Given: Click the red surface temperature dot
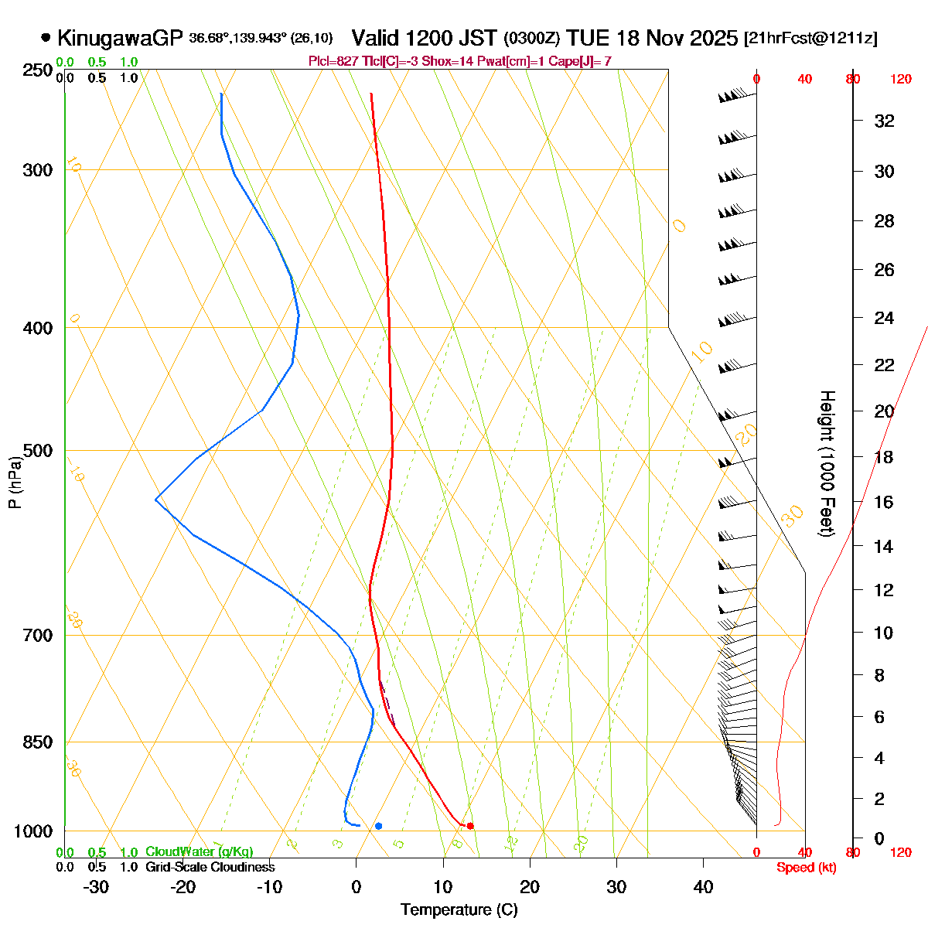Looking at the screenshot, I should tap(470, 826).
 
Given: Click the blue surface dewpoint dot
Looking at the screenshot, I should tap(378, 826).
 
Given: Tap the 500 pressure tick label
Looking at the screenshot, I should tap(38, 451).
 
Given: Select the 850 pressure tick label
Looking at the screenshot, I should tap(38, 742).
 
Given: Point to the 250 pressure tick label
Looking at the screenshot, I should tap(38, 71).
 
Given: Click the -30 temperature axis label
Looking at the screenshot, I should tap(96, 887).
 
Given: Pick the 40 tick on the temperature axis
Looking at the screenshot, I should tap(703, 887).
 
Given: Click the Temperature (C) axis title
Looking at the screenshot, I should tap(459, 909).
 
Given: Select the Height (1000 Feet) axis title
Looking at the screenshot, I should tap(827, 463).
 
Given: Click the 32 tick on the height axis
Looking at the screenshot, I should tap(884, 121).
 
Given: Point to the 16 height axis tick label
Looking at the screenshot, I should tap(884, 503).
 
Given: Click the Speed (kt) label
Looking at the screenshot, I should tap(807, 868).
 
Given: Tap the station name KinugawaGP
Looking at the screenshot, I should tap(120, 37).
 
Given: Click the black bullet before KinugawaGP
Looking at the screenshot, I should tap(46, 37).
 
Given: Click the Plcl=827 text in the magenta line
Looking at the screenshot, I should tap(329, 61).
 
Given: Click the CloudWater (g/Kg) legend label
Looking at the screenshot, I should tap(199, 851).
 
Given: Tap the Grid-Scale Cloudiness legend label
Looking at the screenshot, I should tap(210, 867).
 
